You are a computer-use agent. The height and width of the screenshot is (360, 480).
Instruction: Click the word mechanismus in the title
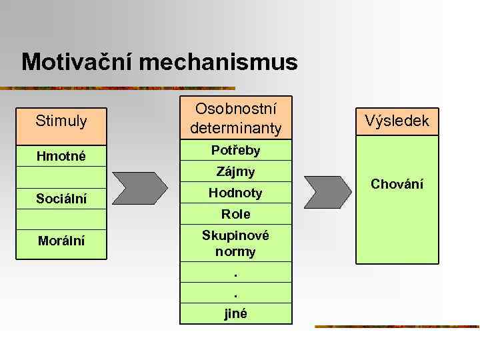click(x=228, y=63)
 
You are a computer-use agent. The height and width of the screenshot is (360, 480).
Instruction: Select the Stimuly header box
click(x=61, y=121)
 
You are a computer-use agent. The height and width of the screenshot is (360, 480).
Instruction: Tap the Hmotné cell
click(x=61, y=156)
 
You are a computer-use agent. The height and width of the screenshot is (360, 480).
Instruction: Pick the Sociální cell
click(x=61, y=199)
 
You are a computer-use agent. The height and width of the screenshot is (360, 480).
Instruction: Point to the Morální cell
click(x=61, y=241)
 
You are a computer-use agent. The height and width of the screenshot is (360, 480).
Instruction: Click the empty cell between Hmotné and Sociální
click(x=61, y=177)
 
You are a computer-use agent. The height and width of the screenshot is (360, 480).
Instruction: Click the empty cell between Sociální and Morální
click(x=61, y=219)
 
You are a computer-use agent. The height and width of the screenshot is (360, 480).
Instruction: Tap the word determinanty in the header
click(x=235, y=127)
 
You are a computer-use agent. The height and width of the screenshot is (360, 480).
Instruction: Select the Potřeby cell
click(x=235, y=151)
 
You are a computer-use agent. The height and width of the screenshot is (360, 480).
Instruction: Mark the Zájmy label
click(x=235, y=172)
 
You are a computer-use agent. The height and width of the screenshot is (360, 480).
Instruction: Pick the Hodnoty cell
click(x=235, y=193)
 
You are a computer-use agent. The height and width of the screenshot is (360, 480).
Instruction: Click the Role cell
click(x=235, y=214)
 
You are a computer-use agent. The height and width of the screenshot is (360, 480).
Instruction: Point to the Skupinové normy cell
click(x=235, y=244)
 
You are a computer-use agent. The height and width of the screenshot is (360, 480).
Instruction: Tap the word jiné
click(x=235, y=313)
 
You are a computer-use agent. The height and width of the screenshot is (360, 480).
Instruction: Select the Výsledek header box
click(x=397, y=121)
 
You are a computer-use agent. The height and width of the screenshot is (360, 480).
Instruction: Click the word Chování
click(x=397, y=184)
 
